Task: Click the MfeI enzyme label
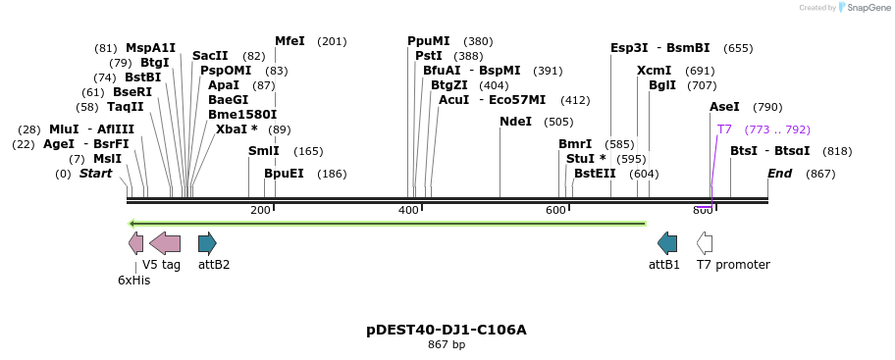click(x=290, y=41)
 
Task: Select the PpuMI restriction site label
click(x=429, y=41)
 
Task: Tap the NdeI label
click(x=515, y=122)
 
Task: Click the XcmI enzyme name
click(x=654, y=71)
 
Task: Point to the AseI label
click(x=724, y=107)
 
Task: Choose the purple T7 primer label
click(x=724, y=129)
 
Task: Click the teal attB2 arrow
click(x=207, y=243)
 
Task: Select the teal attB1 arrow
click(x=667, y=243)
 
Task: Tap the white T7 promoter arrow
click(x=705, y=243)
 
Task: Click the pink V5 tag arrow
click(x=165, y=243)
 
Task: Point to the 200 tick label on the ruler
click(x=260, y=211)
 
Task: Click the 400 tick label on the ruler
click(x=408, y=211)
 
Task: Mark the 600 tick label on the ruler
click(x=555, y=211)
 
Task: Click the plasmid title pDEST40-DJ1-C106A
click(x=447, y=330)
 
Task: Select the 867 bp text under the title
click(x=447, y=345)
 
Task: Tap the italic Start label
click(x=96, y=174)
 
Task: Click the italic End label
click(x=779, y=174)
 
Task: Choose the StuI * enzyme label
click(x=586, y=159)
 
